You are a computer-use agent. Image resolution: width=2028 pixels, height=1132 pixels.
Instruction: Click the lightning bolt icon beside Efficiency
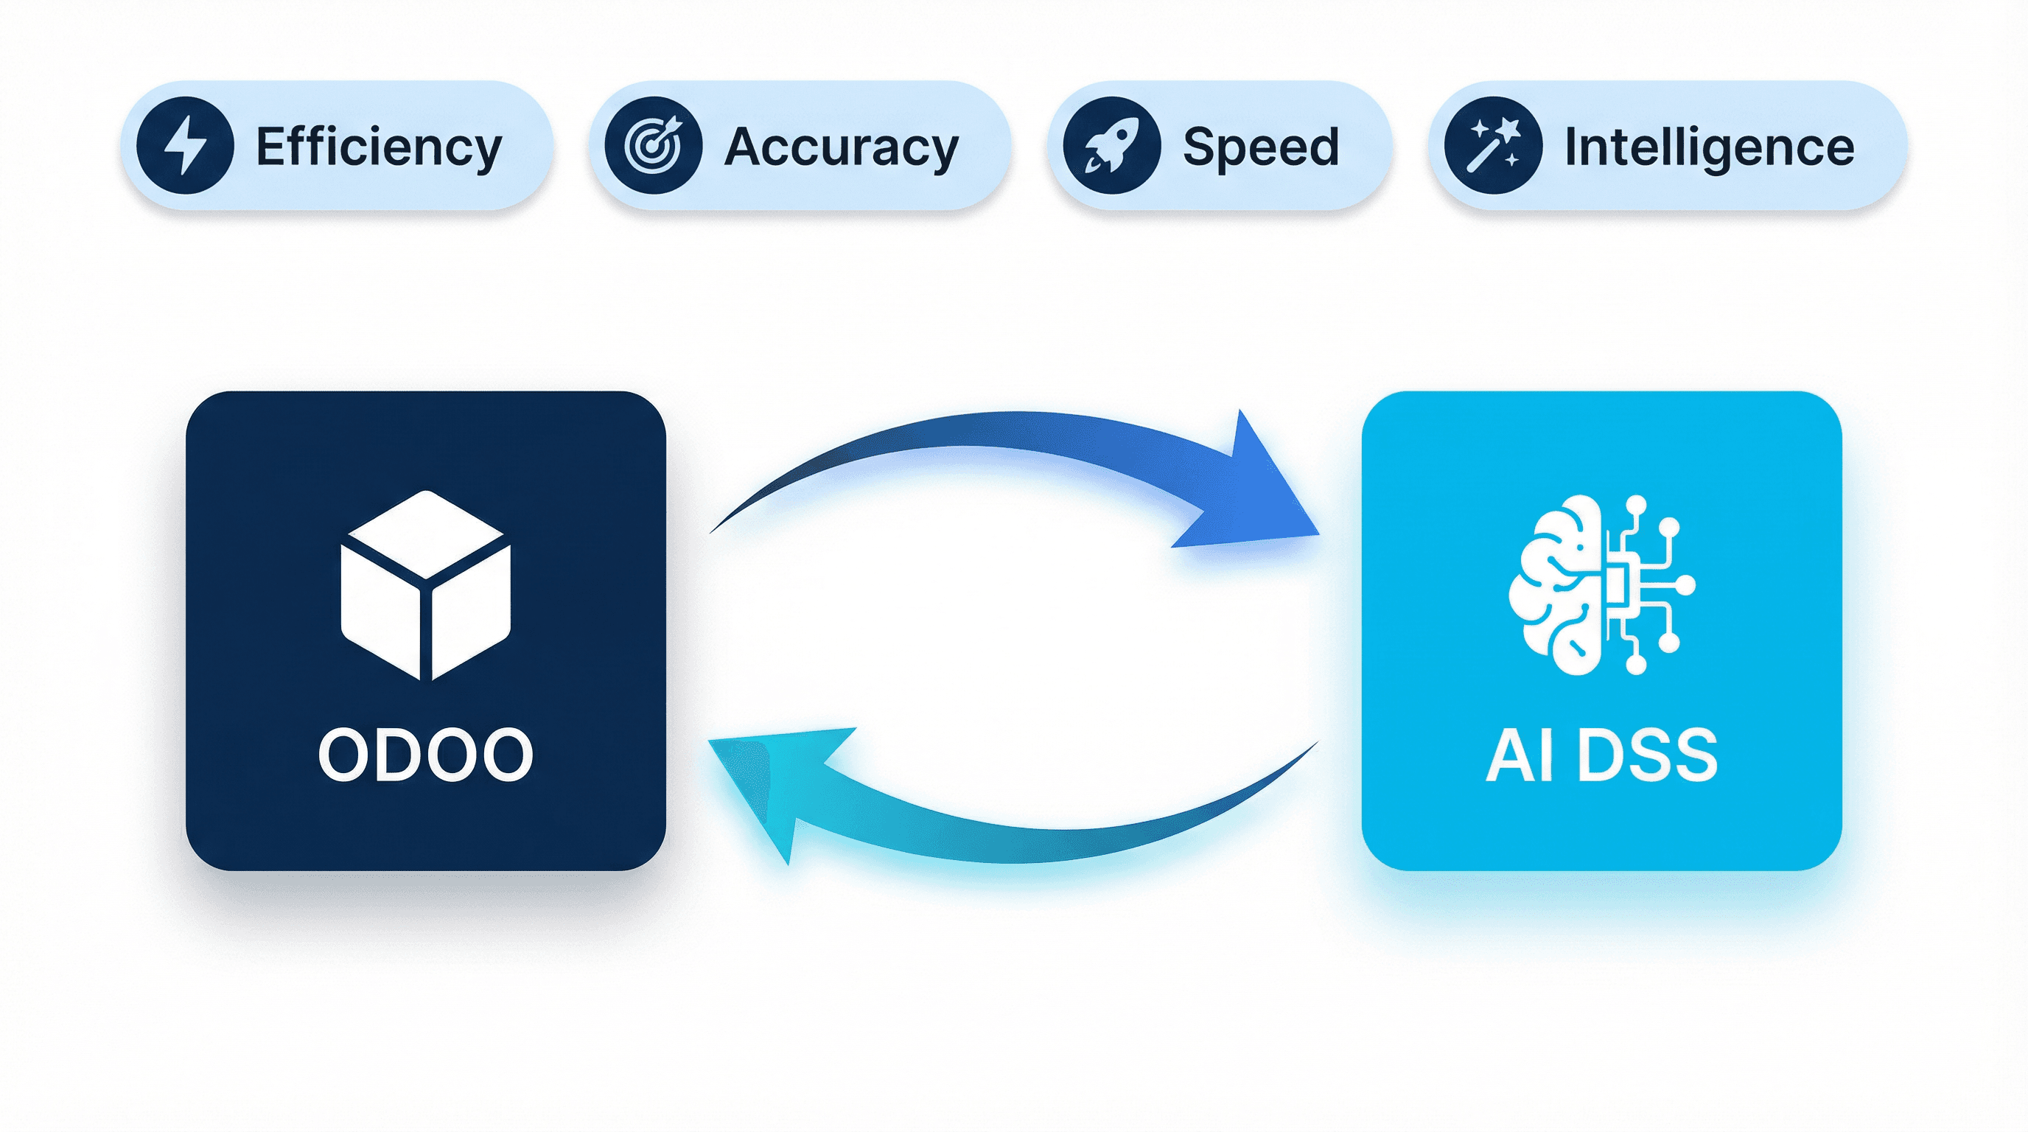184,146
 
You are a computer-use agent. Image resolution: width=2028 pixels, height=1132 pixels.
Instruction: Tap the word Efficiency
379,147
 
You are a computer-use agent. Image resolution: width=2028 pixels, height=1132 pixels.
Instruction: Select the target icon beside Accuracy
653,146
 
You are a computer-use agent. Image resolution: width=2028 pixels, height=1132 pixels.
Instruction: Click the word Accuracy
841,147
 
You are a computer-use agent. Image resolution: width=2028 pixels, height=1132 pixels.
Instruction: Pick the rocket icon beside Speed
1111,146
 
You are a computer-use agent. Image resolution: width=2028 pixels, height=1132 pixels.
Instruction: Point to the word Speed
1260,147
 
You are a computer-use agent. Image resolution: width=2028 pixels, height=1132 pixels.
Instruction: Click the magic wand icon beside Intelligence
1493,146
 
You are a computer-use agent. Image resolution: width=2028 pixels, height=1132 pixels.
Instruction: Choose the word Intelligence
1709,147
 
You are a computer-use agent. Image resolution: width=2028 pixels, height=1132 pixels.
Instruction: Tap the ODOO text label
426,754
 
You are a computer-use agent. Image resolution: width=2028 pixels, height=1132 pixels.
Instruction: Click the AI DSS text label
1601,754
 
